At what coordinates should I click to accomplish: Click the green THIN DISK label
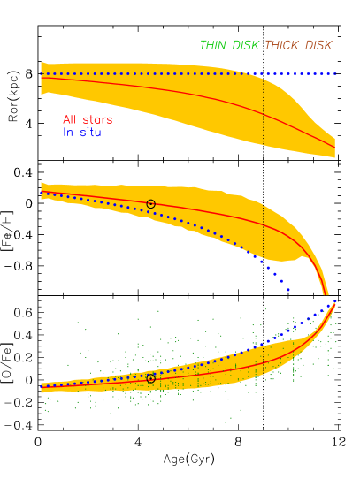click(x=229, y=45)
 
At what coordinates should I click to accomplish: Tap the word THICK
click(x=282, y=45)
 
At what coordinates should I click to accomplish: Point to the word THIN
click(x=213, y=45)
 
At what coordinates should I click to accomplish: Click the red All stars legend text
click(x=88, y=119)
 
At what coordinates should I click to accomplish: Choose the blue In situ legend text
click(x=81, y=133)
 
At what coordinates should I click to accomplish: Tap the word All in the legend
click(x=70, y=119)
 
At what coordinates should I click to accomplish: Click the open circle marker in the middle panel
click(x=150, y=204)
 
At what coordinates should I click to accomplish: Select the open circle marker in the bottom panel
click(x=150, y=378)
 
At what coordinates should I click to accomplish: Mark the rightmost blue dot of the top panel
click(x=336, y=73)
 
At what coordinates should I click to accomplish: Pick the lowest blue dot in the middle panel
click(x=287, y=289)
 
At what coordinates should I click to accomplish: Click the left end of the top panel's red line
click(x=42, y=78)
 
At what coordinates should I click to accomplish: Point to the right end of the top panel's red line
click(x=334, y=148)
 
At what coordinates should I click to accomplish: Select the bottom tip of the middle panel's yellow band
click(x=326, y=294)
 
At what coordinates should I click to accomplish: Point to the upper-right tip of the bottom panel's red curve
click(x=334, y=303)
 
